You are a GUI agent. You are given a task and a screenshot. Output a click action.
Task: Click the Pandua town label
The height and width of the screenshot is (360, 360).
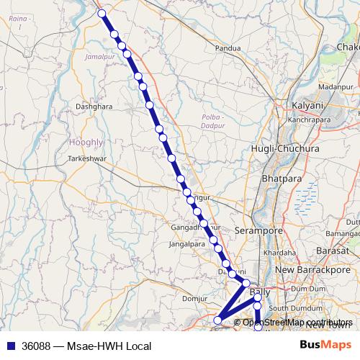click(x=228, y=49)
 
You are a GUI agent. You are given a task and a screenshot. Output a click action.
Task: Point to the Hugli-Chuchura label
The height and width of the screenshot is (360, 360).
click(x=284, y=148)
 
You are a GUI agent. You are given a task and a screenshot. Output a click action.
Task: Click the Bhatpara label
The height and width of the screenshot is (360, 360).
click(x=281, y=177)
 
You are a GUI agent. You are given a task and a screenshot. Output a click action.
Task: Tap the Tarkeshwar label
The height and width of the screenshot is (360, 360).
click(x=87, y=157)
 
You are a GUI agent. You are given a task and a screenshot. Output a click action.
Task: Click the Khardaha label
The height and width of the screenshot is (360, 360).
click(x=279, y=253)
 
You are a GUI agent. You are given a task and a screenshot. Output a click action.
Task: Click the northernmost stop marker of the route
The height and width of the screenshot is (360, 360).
click(x=102, y=13)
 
